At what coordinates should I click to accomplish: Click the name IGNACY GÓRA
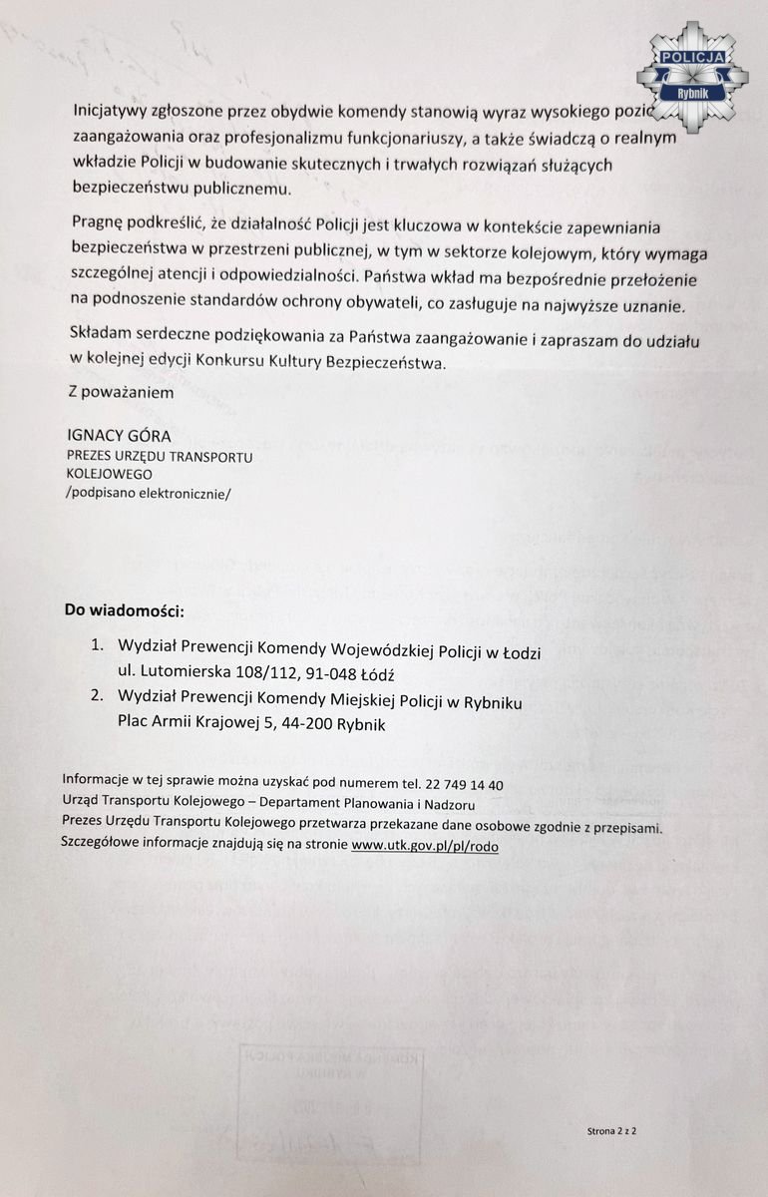point(118,437)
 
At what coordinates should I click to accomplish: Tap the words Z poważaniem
point(120,393)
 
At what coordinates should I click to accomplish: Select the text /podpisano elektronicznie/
point(147,492)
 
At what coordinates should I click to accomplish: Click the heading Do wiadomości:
point(125,609)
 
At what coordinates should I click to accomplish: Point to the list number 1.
point(97,644)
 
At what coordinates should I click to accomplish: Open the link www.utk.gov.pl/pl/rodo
point(425,845)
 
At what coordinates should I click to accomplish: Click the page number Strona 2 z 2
point(611,1132)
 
